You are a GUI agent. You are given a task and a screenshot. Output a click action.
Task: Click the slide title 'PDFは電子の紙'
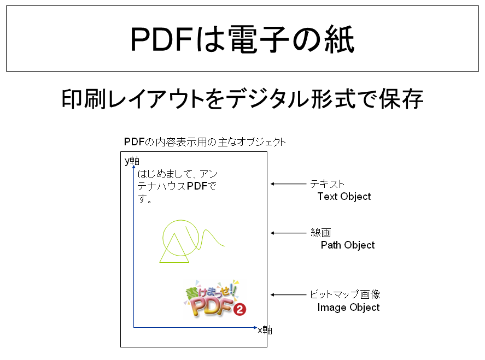tap(243, 39)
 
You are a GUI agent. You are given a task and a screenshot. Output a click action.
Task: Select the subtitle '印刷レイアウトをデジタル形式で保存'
tap(243, 99)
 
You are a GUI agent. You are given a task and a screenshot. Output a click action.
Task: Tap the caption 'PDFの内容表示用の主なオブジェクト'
tap(204, 142)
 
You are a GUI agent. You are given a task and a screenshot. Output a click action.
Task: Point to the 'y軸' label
tap(132, 161)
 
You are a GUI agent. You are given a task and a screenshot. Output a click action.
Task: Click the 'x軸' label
tap(265, 330)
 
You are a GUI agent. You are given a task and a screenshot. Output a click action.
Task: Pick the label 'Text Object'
tap(344, 197)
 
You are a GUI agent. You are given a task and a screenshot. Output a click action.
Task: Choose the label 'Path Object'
tap(348, 245)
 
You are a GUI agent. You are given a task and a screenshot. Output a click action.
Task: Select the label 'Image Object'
tap(348, 308)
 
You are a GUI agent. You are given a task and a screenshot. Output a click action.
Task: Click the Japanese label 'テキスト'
tap(327, 184)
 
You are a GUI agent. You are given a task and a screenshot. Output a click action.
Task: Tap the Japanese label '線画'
tap(321, 233)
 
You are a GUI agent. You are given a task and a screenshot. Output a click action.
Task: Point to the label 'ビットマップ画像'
tap(345, 294)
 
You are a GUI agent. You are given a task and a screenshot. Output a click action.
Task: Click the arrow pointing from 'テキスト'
tap(288, 184)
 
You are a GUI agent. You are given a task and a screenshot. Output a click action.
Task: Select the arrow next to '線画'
tap(288, 233)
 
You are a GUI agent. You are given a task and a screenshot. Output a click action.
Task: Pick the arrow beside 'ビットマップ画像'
tap(288, 295)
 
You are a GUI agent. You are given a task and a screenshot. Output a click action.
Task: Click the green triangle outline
tap(174, 248)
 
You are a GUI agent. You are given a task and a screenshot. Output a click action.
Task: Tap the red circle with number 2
tap(239, 309)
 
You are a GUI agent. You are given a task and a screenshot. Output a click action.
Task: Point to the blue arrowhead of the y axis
tap(133, 167)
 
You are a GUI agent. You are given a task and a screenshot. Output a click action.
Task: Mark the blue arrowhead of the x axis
tap(255, 328)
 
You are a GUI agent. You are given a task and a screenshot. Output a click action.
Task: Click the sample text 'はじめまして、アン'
tap(178, 174)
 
